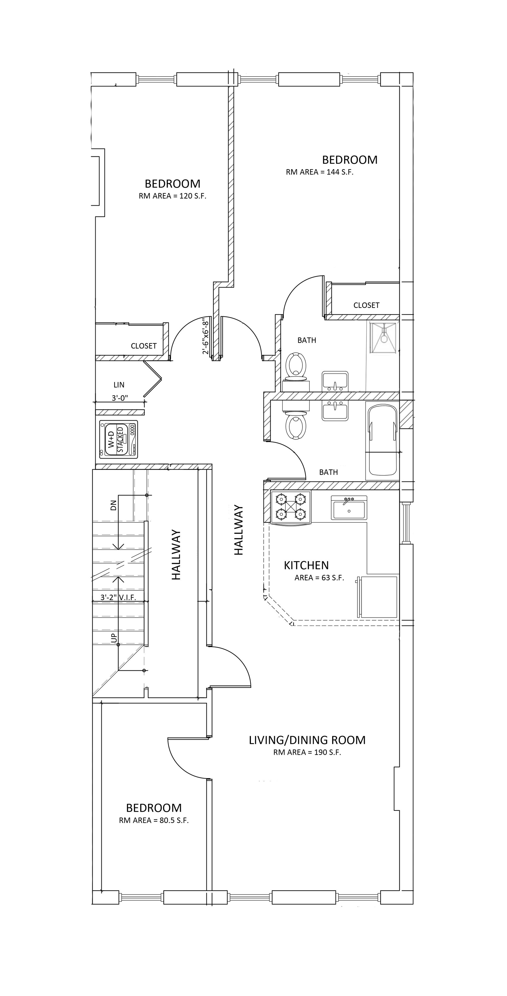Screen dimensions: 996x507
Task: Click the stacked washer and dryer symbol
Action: point(118,440)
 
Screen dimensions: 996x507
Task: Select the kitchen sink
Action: point(349,508)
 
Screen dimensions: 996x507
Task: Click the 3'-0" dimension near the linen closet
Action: point(120,398)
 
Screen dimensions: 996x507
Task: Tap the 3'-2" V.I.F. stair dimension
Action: point(118,597)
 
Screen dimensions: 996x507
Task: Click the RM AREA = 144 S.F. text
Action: point(320,172)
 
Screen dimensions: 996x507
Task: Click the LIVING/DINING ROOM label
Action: point(307,740)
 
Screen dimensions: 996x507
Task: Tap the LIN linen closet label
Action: point(119,385)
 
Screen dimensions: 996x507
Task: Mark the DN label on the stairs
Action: point(113,505)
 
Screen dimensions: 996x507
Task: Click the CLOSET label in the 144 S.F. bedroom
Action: point(366,305)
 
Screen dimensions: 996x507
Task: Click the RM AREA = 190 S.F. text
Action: point(307,752)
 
